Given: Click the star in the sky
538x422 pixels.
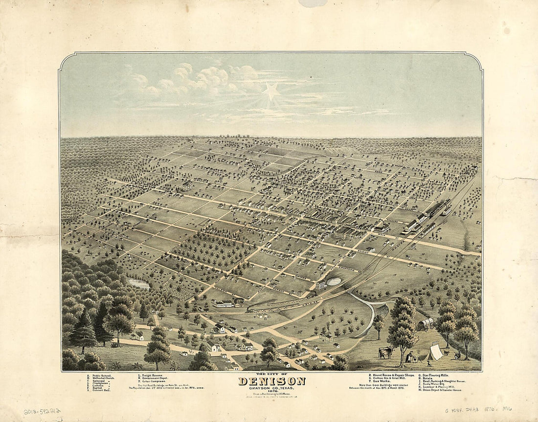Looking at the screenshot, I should click(x=271, y=91).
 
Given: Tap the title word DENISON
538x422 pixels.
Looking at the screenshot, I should click(x=271, y=381).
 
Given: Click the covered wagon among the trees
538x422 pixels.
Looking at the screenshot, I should click(x=424, y=324).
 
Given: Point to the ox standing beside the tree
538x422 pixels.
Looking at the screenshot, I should click(x=386, y=352).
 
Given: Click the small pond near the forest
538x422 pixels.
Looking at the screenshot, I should click(x=138, y=284).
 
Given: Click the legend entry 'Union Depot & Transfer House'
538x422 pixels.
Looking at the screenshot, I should click(x=440, y=390).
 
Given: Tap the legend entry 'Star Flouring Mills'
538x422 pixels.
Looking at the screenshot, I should click(x=437, y=375).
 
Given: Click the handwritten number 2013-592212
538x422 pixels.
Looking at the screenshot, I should click(x=42, y=412).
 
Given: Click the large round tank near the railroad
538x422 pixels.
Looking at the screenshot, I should click(x=334, y=281).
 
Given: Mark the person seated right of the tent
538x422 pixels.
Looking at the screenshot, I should click(x=457, y=355).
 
